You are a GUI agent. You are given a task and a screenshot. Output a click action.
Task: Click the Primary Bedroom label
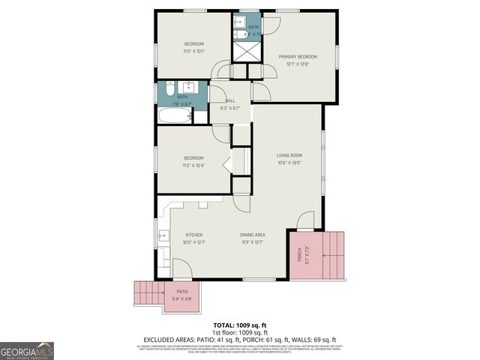[x=298, y=57]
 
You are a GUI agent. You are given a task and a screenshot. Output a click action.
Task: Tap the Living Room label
[x=289, y=155]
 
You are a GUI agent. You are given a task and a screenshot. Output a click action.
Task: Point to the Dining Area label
[x=251, y=235]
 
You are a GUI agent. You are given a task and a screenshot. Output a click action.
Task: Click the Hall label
[x=229, y=100]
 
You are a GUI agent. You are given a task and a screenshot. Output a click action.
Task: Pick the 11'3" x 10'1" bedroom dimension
[x=193, y=52]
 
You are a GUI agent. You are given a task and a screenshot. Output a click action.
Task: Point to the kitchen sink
[x=162, y=236]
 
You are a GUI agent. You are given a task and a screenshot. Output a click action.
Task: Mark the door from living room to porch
[x=305, y=222]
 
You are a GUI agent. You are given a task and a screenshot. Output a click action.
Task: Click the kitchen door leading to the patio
[x=182, y=268]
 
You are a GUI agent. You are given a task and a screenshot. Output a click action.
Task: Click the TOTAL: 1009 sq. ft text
[x=240, y=325]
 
